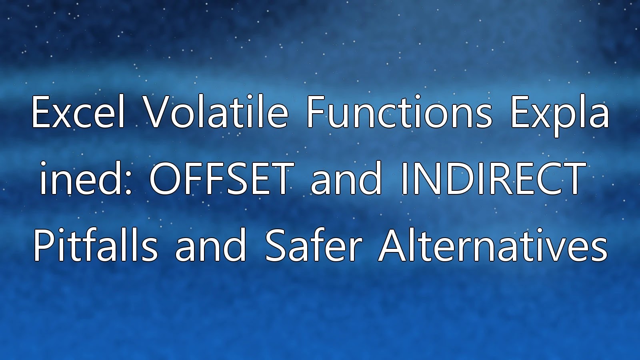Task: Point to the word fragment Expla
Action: point(560,116)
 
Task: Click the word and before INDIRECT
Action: point(346,178)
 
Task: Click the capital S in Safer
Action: point(276,245)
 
